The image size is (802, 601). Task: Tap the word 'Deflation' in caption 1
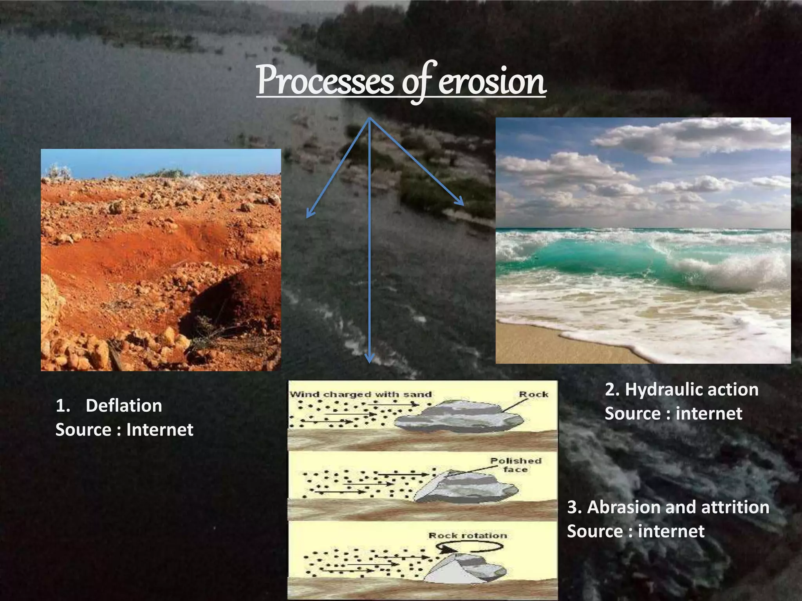(x=124, y=406)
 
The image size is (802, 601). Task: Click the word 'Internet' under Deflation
(x=159, y=430)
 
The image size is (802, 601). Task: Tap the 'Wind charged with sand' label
(x=360, y=394)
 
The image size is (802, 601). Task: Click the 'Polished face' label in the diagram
(x=515, y=465)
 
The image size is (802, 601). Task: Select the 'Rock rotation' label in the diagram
(x=468, y=535)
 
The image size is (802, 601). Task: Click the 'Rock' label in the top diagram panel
(x=533, y=394)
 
